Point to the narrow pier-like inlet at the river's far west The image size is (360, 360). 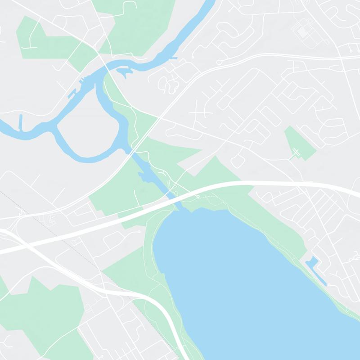pyautogui.click(x=21, y=121)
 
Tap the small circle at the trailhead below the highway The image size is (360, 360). pyautogui.click(x=197, y=197)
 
